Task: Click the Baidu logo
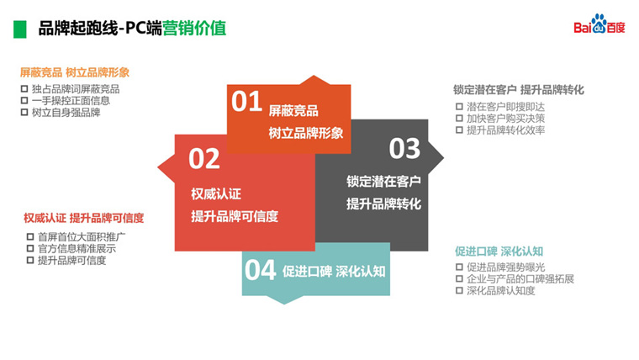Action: pos(599,24)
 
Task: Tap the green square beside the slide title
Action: pos(19,29)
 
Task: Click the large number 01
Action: pos(246,102)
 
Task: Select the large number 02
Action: pos(204,159)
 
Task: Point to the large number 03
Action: pos(404,149)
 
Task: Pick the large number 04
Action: pos(260,270)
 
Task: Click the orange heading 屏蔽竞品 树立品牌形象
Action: pos(75,72)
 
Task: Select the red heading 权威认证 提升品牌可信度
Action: pos(84,218)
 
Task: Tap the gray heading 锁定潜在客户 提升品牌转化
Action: pos(519,90)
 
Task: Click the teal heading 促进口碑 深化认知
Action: pos(499,251)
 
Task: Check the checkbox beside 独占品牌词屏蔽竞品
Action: pos(24,88)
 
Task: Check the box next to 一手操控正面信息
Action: pos(24,100)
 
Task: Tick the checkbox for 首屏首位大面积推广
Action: pos(30,236)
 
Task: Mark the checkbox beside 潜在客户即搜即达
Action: pos(459,107)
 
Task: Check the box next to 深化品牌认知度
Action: pos(459,290)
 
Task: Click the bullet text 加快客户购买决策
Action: pos(506,119)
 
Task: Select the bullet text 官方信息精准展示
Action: pos(77,248)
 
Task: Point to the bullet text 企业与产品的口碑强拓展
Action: pos(520,279)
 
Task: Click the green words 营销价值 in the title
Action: pos(194,29)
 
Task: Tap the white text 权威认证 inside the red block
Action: pos(216,194)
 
